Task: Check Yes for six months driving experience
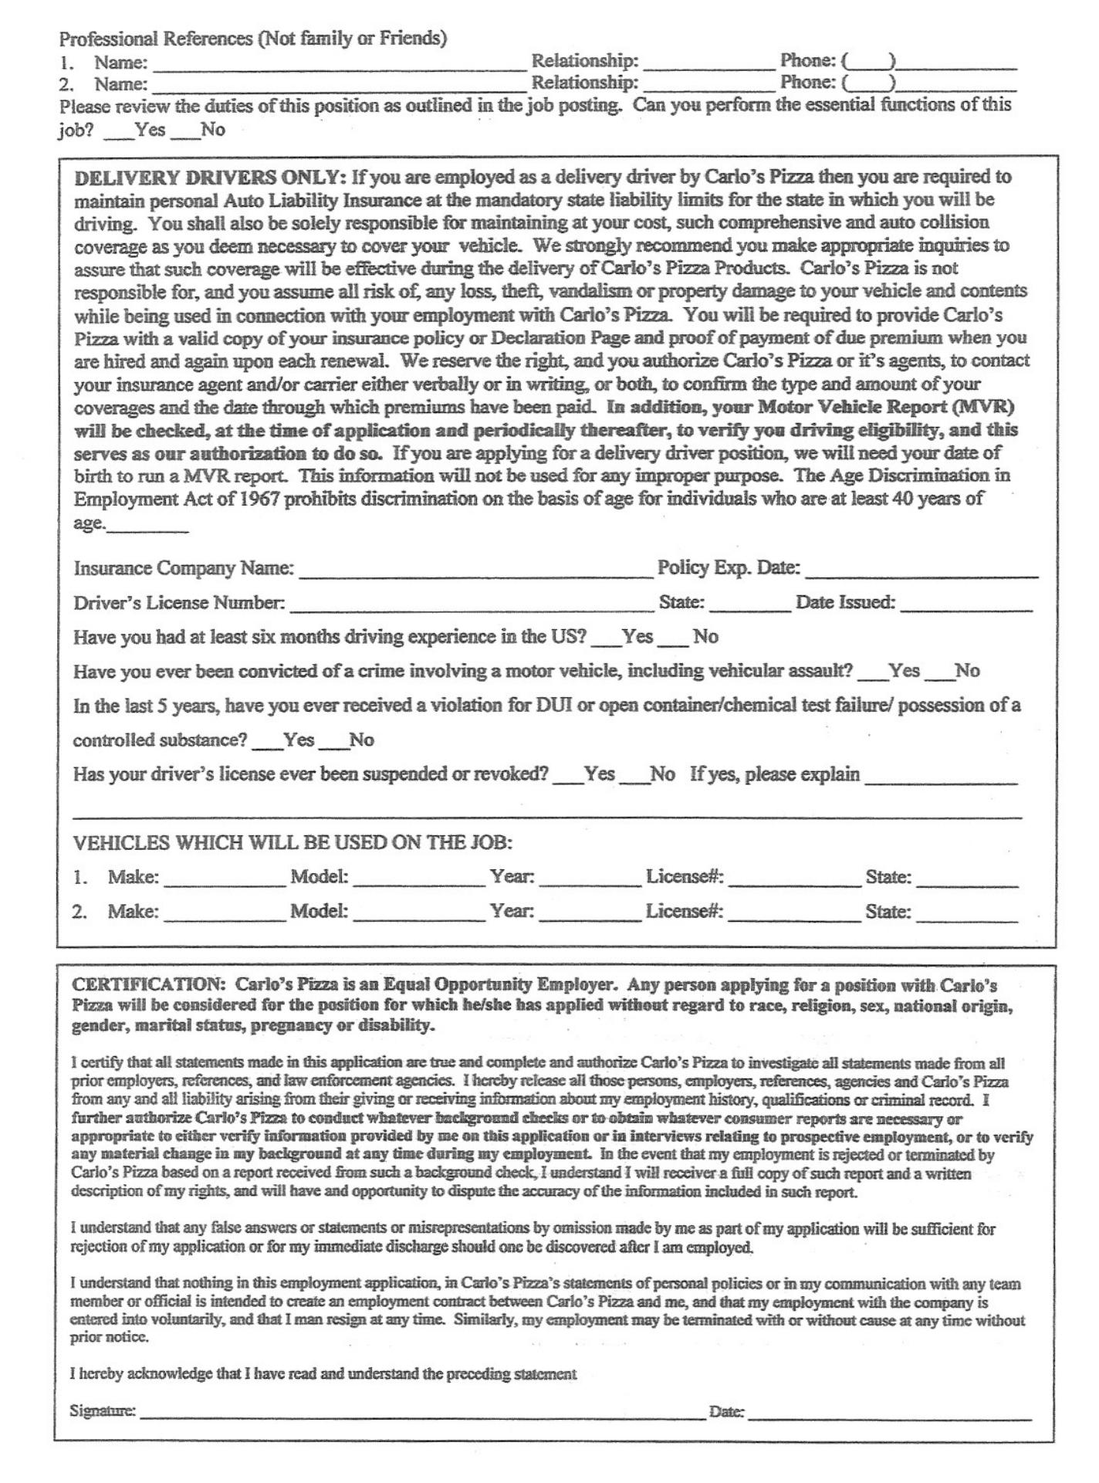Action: [610, 640]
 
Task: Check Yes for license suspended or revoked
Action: [572, 777]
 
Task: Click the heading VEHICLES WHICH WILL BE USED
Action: [293, 842]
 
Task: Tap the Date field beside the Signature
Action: [889, 1414]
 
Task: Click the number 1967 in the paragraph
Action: [259, 499]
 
